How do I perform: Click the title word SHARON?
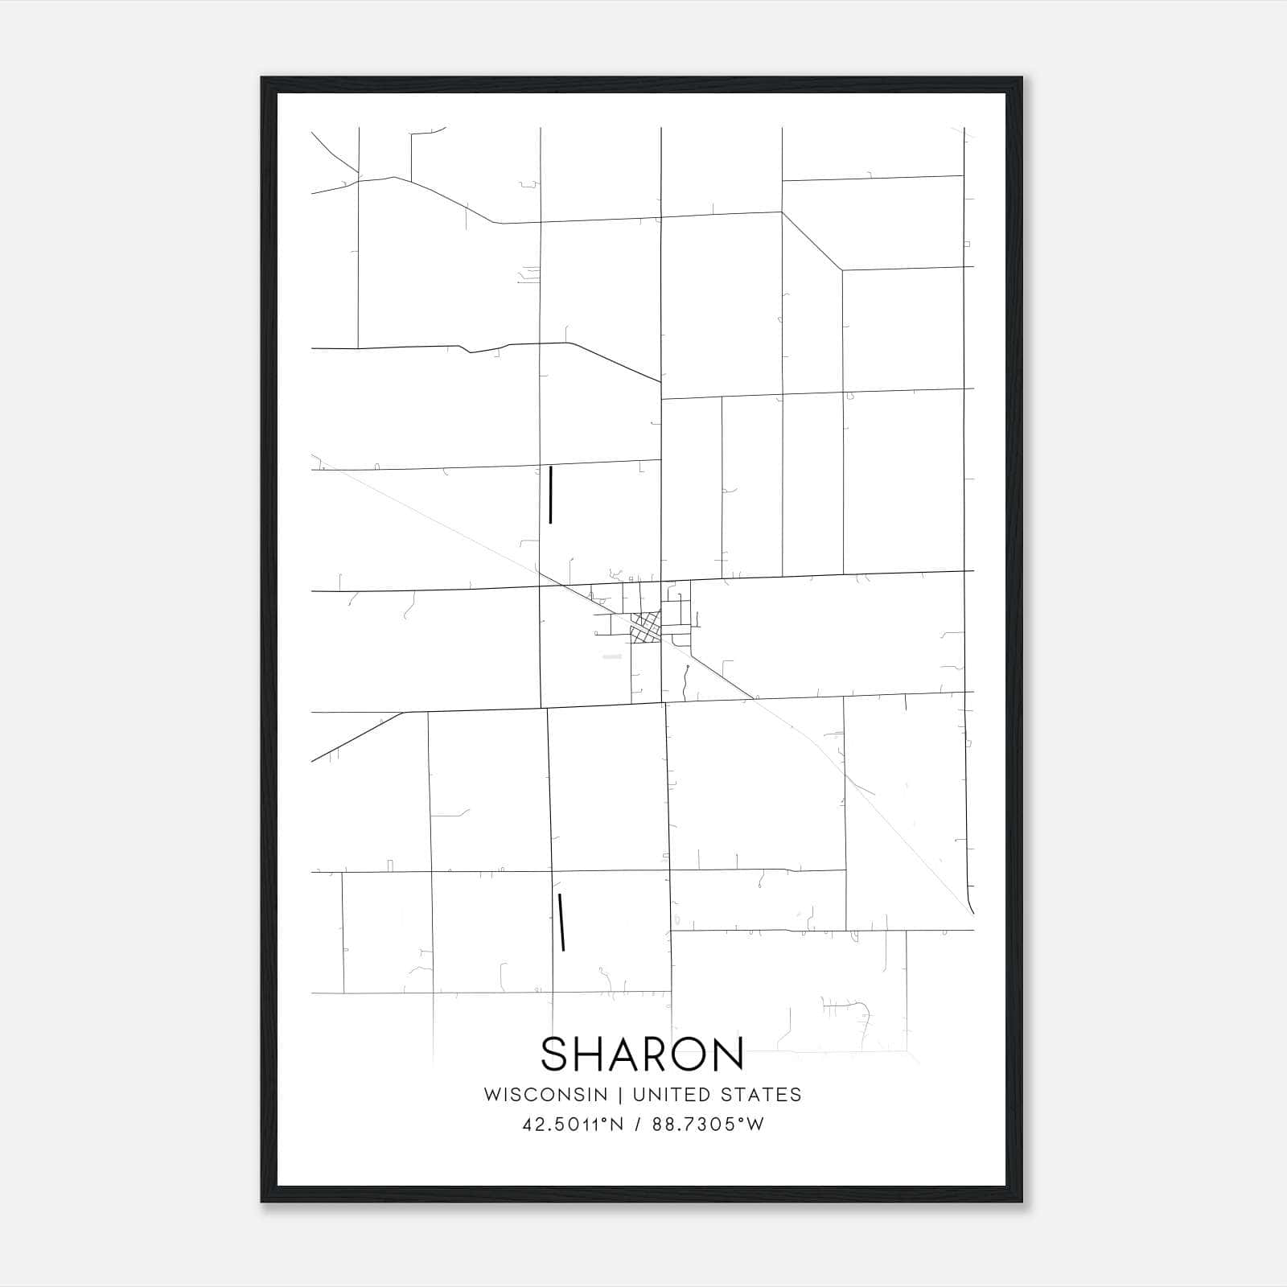tap(642, 1055)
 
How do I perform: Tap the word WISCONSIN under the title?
tap(545, 1095)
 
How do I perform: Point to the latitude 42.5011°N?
tap(573, 1125)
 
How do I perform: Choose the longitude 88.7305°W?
tap(709, 1125)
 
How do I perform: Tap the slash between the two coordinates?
tap(639, 1125)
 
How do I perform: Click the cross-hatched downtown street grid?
tap(646, 627)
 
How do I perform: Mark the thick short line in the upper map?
tap(550, 495)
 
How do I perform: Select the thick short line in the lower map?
tap(561, 922)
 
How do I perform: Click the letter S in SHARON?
tap(556, 1055)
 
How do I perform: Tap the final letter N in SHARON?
tap(728, 1055)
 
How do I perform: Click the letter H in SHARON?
tap(590, 1055)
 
